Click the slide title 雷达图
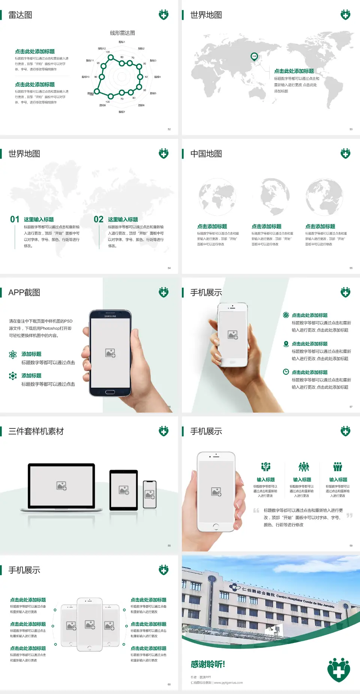pos(20,15)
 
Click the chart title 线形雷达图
pos(122,33)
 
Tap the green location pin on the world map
pos(254,57)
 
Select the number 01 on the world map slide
pos(15,219)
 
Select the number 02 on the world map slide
pos(99,219)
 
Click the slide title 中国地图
pos(206,154)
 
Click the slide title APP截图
pos(24,293)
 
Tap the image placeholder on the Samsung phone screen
pos(110,353)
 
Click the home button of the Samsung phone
pos(110,392)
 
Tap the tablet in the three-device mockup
pos(124,490)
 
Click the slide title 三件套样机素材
pos(36,431)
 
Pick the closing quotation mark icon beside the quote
pos(349,515)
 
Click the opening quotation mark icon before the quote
pos(256,510)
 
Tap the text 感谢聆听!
pos(208,664)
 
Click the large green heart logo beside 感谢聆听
pos(339,670)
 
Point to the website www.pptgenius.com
pos(228,683)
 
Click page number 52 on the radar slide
pos(169,129)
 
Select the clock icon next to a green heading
pos(286,372)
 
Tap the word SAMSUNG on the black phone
pos(110,316)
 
